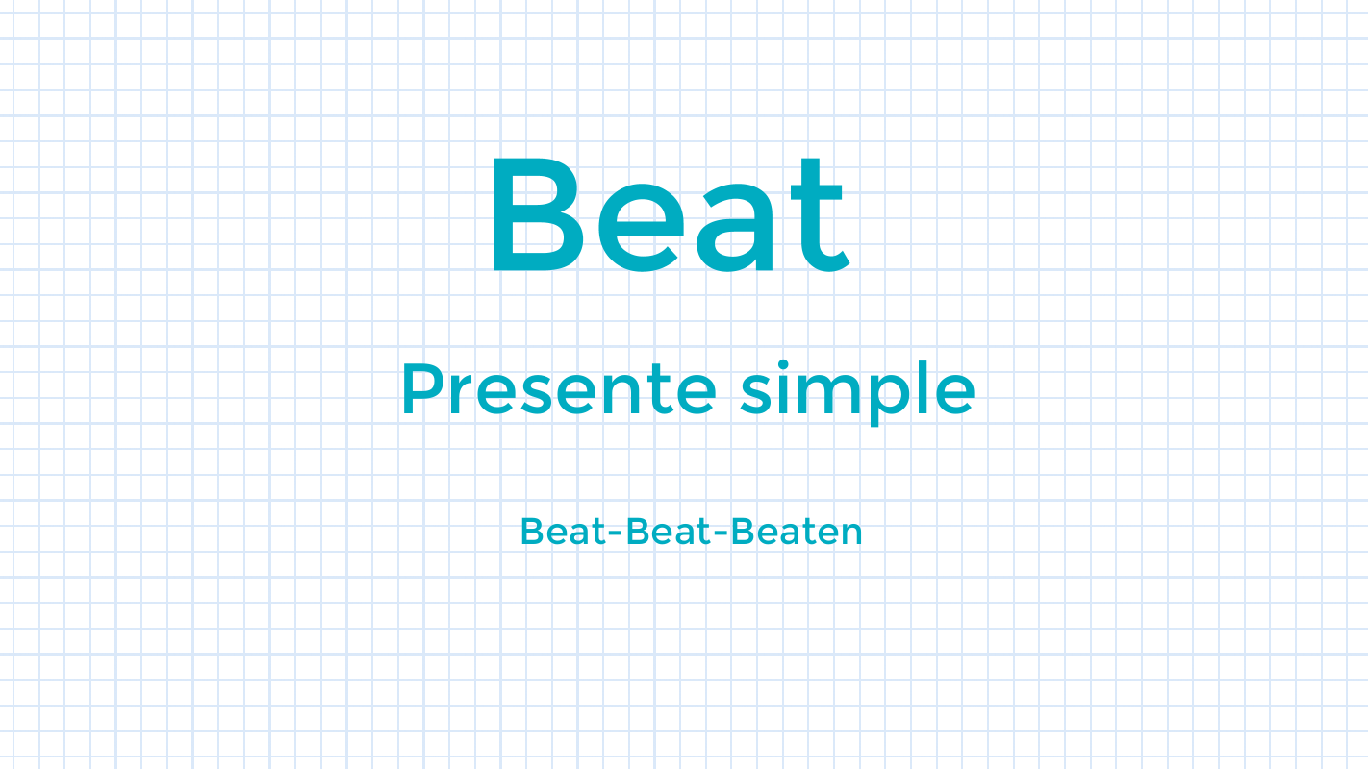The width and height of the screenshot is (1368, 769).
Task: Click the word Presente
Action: coord(558,389)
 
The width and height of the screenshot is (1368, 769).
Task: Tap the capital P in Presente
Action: coord(419,389)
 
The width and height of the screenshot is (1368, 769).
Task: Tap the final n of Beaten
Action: coord(851,534)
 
